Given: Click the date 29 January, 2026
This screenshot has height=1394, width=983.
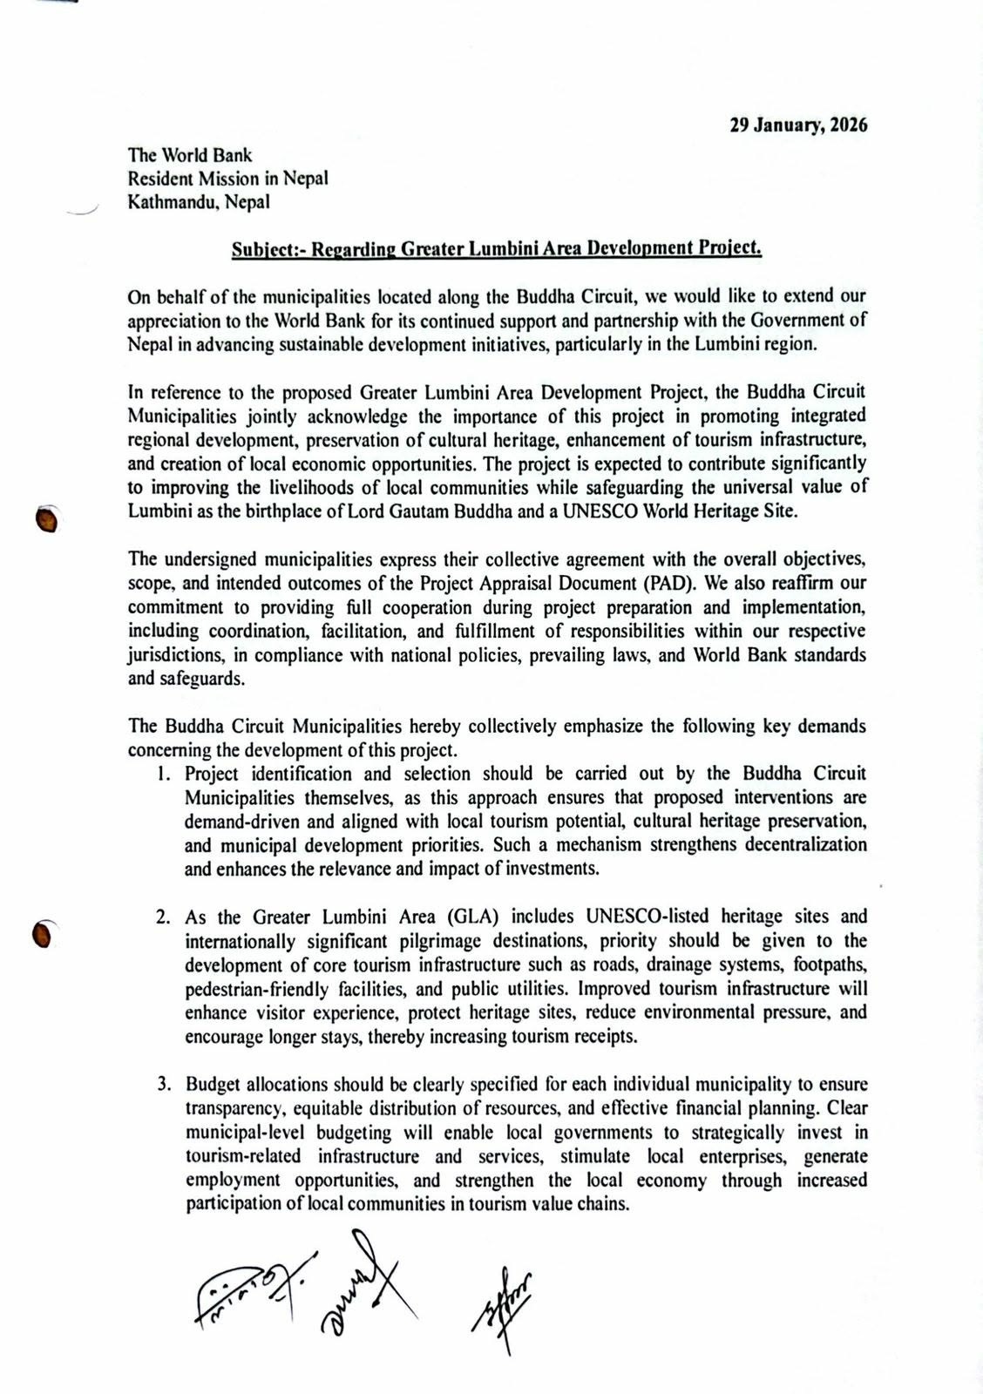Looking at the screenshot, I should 798,125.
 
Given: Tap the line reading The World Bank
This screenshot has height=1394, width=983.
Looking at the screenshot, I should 190,155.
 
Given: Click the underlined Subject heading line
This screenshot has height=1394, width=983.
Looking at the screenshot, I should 497,249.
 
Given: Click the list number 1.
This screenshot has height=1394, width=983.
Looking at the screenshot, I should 163,774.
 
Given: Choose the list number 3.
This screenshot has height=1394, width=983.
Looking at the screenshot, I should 163,1086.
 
